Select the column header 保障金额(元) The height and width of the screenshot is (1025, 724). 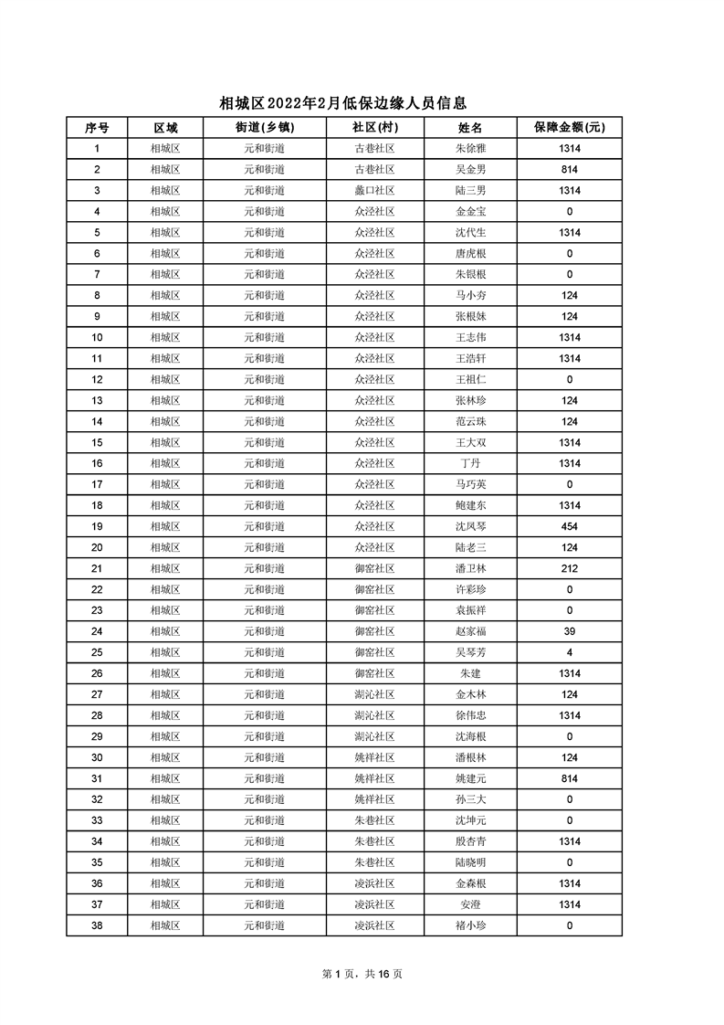(570, 128)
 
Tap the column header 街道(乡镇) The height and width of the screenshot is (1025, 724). (265, 128)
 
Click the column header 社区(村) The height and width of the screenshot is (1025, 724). (374, 128)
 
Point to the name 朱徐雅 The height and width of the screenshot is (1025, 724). (470, 149)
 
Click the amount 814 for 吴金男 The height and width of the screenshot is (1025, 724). (570, 170)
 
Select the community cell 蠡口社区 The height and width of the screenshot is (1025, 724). (374, 191)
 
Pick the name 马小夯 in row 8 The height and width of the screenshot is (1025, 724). (470, 296)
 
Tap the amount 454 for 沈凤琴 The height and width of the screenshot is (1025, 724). (570, 527)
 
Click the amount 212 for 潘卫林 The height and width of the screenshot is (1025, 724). (570, 569)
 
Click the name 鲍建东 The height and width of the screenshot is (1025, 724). (470, 506)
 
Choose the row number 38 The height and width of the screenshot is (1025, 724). (97, 925)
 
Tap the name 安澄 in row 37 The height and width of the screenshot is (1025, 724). (470, 904)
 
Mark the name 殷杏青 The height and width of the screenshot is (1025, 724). (470, 841)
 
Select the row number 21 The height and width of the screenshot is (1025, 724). (97, 569)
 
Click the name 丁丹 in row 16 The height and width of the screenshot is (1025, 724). (470, 464)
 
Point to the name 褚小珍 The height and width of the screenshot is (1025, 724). (470, 925)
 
